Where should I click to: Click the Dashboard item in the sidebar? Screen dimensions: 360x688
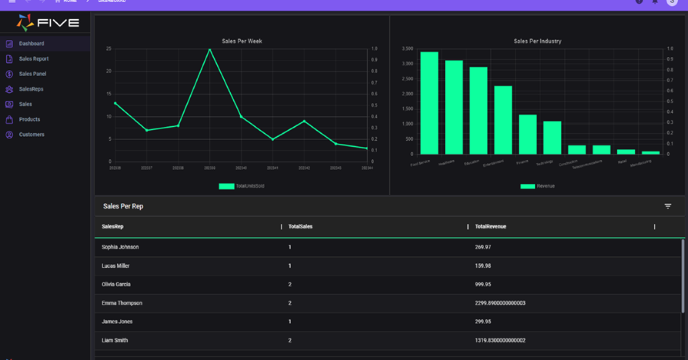[31, 43]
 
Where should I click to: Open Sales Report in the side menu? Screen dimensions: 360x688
[34, 59]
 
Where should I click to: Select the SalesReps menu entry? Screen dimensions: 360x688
[31, 89]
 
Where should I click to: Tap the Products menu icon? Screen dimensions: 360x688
[9, 120]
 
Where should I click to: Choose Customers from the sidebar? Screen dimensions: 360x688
[31, 134]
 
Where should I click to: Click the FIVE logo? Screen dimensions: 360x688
[48, 22]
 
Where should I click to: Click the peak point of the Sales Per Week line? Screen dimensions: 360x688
[210, 49]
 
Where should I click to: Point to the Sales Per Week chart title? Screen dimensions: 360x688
[242, 41]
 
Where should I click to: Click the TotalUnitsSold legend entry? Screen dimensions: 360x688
[242, 186]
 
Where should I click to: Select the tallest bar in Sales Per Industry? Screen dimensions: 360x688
[429, 103]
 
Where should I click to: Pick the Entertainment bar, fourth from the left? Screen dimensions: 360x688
[503, 120]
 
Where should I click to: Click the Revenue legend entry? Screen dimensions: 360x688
[537, 186]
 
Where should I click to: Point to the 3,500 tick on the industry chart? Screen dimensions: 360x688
[407, 48]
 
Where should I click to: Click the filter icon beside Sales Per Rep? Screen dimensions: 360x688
[667, 206]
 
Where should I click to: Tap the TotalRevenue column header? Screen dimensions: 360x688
[490, 227]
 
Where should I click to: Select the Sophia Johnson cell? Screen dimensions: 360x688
[120, 247]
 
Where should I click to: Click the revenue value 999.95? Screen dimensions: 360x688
[483, 284]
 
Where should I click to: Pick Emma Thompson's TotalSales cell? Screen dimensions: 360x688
[290, 303]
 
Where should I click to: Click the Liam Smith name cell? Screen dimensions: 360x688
[115, 340]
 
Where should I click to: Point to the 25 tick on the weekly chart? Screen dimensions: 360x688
[108, 48]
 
